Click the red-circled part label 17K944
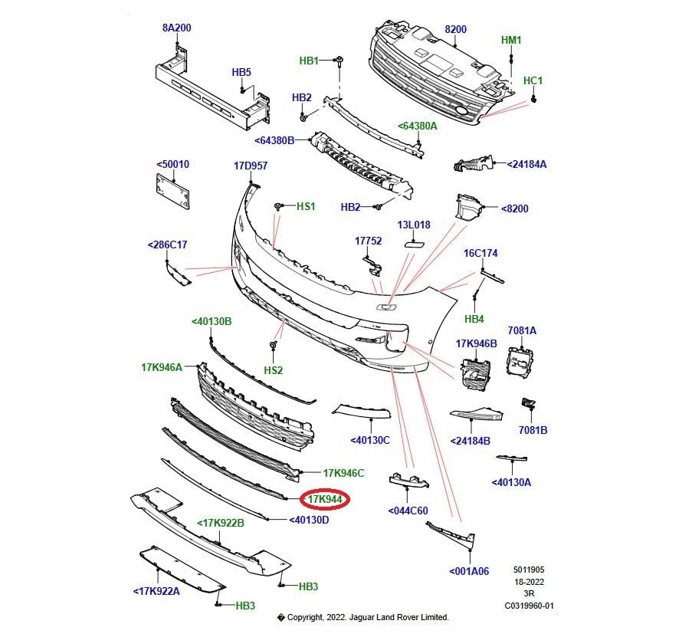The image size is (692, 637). coord(324,500)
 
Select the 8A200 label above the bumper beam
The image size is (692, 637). coord(176,28)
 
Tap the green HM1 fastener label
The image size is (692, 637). coord(511,40)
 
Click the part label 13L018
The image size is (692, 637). coord(413,225)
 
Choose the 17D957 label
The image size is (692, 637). coord(251,166)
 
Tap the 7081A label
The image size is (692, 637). coord(522,330)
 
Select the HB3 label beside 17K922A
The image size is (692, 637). coord(245,606)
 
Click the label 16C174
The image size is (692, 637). coord(480,253)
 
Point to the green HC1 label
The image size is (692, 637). coord(533,80)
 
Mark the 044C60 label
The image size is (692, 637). coord(408,511)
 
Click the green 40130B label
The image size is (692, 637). coord(212,321)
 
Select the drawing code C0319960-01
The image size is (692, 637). coord(528,606)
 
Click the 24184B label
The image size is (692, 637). coord(471,441)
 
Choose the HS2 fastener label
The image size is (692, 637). coord(274,370)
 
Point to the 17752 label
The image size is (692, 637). coord(368,241)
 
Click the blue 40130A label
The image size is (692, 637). coord(512,482)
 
